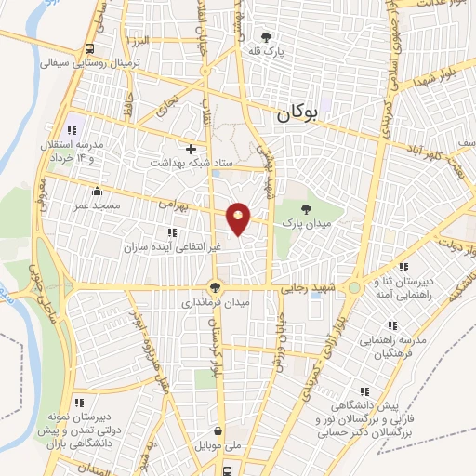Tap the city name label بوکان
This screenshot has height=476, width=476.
297,113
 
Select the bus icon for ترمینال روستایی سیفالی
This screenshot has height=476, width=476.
87,49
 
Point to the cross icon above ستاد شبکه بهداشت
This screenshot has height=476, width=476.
192,149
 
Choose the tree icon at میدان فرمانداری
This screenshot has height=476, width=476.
216,287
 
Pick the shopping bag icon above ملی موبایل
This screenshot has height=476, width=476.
218,431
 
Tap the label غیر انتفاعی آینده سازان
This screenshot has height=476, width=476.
174,245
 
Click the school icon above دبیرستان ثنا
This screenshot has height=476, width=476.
402,267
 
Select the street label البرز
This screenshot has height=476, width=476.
140,44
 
